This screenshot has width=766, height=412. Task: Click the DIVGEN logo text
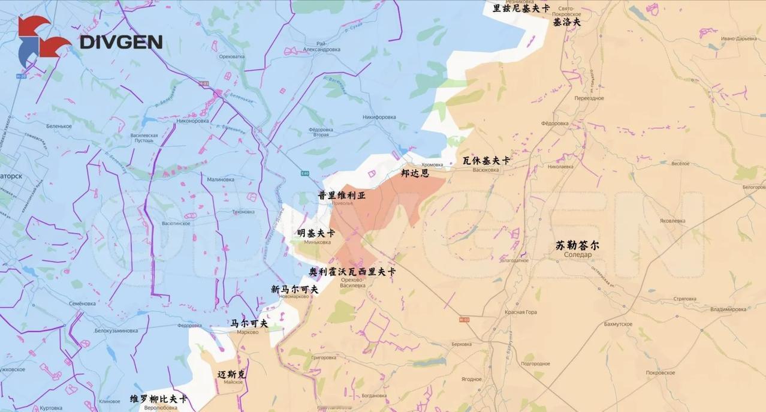(x=120, y=42)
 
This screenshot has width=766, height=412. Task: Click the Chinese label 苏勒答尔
(x=577, y=245)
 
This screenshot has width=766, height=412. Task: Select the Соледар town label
(x=577, y=255)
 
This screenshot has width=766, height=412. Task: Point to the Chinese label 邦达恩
(x=415, y=173)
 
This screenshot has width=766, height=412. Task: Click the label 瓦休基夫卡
(x=486, y=161)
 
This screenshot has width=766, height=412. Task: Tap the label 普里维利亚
(x=341, y=195)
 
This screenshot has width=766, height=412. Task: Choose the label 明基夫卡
(x=316, y=233)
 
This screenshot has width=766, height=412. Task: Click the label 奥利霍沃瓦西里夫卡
(x=352, y=272)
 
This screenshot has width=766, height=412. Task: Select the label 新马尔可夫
(x=294, y=289)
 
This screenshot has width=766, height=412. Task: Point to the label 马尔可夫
(x=249, y=323)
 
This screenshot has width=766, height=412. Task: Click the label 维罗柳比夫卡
(x=158, y=399)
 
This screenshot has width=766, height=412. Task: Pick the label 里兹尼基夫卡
(x=521, y=8)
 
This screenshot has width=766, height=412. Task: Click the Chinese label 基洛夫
(x=566, y=22)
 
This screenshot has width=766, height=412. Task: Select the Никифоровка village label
(x=379, y=118)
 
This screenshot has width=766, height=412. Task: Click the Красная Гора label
(x=520, y=312)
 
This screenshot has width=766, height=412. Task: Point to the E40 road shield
(x=305, y=173)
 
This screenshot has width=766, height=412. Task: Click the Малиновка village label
(x=220, y=179)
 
